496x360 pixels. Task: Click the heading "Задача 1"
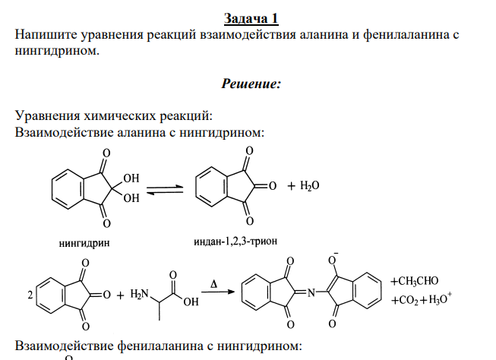[x=251, y=18]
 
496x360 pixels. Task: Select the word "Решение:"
[x=251, y=84]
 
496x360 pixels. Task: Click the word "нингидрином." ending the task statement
[x=57, y=51]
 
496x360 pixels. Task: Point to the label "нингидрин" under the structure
[x=84, y=243]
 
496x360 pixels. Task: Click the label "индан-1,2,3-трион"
[x=235, y=242]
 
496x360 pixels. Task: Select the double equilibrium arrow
[x=165, y=189]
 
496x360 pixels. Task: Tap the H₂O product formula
[x=309, y=185]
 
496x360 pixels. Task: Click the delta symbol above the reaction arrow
[x=214, y=284]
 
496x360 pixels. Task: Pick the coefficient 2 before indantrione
[x=30, y=295]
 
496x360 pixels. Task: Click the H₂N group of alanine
[x=139, y=294]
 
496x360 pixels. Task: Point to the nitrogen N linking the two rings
[x=311, y=293]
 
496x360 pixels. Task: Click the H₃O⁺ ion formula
[x=440, y=298]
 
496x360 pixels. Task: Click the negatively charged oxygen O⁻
[x=333, y=259]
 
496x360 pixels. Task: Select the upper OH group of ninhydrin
[x=131, y=178]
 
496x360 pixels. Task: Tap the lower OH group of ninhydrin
[x=131, y=198]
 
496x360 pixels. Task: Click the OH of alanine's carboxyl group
[x=191, y=302]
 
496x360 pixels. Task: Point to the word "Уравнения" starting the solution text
[x=47, y=115]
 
